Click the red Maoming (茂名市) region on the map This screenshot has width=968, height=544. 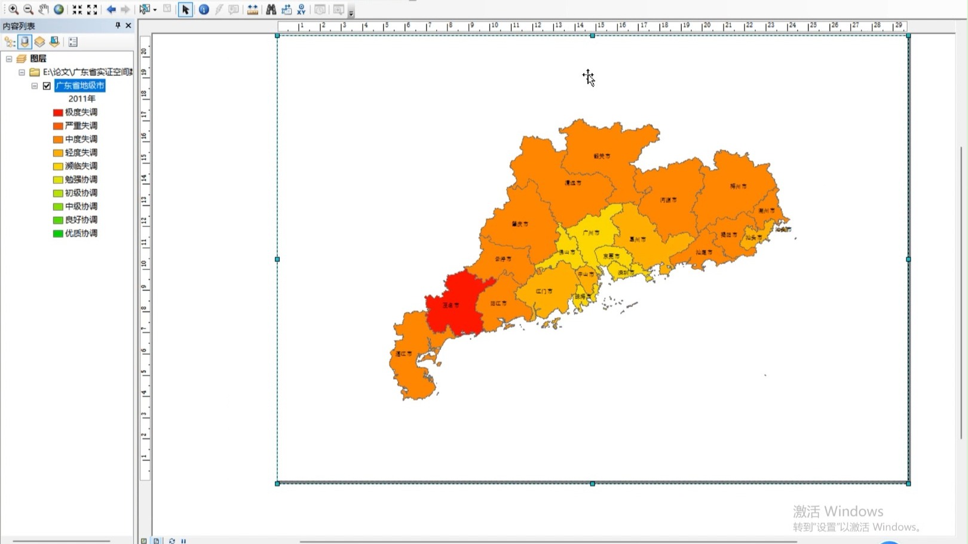click(457, 302)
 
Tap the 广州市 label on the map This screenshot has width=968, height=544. click(591, 233)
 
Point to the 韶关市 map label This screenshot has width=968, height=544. click(602, 156)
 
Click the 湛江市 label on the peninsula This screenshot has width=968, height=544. click(404, 354)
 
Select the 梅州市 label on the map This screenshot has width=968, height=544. click(738, 186)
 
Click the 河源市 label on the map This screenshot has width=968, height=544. click(668, 200)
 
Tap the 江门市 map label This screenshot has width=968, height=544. click(544, 291)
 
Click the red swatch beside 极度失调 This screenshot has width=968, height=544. click(58, 112)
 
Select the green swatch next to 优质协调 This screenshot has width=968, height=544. click(58, 233)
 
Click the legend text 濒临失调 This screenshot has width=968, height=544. click(81, 166)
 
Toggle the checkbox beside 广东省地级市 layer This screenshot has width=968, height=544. click(47, 86)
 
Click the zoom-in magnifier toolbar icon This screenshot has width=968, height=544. click(13, 10)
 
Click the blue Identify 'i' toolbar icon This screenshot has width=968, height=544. click(204, 10)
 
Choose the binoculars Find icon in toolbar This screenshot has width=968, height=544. click(271, 10)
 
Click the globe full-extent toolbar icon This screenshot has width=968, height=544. click(59, 10)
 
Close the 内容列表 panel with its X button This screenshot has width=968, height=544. click(128, 26)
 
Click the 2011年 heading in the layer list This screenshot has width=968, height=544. click(82, 99)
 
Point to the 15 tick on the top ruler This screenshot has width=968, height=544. click(601, 26)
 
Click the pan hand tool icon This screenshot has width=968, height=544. click(44, 10)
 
